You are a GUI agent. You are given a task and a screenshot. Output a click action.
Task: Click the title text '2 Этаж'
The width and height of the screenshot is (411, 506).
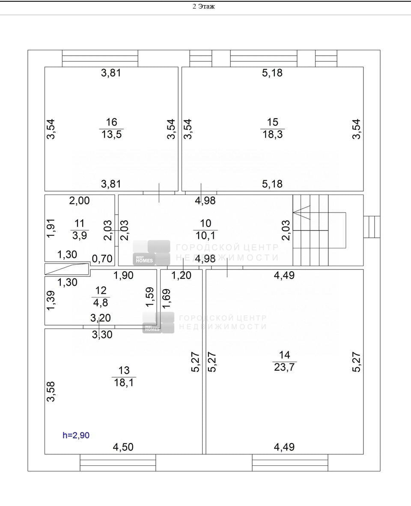[204, 6]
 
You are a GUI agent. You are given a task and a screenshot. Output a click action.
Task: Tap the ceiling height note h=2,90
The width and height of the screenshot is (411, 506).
[76, 435]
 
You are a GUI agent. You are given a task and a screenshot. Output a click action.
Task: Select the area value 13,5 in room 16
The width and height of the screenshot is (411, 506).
[112, 134]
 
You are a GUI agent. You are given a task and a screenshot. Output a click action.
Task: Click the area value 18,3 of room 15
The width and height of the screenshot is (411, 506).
[272, 134]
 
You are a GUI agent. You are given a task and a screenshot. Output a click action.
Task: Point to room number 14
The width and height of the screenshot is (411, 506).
[284, 355]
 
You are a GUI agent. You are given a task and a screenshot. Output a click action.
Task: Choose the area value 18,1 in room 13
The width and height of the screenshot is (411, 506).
[124, 383]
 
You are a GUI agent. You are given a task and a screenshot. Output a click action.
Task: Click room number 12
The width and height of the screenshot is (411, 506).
[101, 290]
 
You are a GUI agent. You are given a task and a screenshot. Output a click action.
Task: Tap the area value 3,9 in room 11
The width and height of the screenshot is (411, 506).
[79, 236]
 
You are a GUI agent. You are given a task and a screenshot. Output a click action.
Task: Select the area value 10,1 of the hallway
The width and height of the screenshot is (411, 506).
[205, 236]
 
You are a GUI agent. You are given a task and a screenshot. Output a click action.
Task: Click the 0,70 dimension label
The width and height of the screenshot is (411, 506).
[102, 259]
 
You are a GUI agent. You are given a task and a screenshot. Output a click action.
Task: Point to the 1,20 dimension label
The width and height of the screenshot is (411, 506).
[181, 275]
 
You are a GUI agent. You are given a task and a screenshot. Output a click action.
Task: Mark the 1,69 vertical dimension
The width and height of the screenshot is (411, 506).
[167, 299]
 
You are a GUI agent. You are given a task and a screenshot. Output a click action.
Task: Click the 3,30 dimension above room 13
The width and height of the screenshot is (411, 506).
[102, 335]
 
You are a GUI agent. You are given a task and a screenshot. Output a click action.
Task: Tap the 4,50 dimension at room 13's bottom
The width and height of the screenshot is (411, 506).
[123, 447]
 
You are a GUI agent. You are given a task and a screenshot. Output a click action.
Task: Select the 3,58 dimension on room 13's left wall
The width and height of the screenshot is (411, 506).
[51, 392]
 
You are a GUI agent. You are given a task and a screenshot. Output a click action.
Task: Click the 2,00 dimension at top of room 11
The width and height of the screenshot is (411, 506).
[79, 201]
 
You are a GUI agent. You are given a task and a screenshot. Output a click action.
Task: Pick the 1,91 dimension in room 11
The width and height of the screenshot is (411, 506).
[51, 228]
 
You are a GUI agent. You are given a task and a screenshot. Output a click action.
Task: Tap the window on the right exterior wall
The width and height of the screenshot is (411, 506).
[372, 227]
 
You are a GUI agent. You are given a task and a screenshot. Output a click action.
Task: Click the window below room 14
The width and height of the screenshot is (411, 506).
[290, 463]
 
